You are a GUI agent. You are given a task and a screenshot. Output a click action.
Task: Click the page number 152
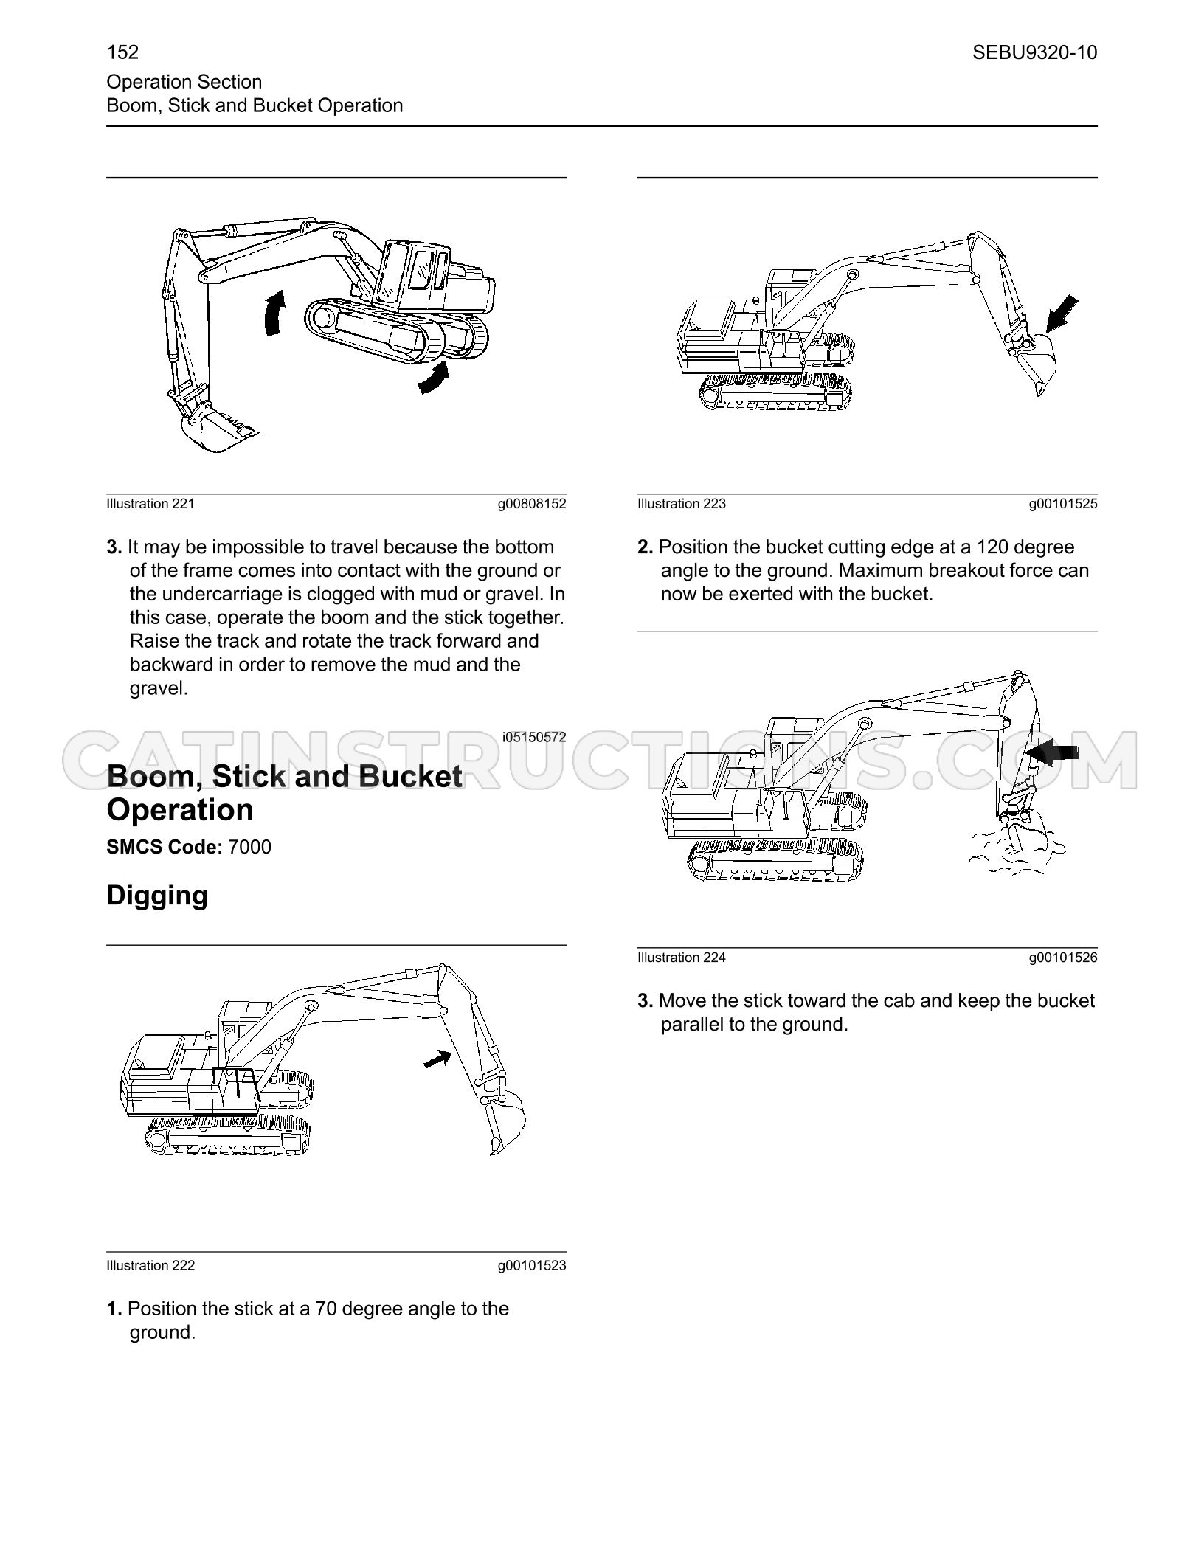pos(122,52)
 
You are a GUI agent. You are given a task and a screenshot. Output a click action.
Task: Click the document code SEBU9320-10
pos(1034,52)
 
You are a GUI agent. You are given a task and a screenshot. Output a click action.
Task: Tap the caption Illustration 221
pos(150,504)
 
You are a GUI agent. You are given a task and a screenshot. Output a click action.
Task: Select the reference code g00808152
pos(532,505)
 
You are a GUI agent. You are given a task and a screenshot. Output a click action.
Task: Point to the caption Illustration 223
pos(682,504)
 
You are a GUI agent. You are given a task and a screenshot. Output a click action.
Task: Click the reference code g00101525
pos(1063,505)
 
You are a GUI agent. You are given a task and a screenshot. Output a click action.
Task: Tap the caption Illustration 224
pos(682,958)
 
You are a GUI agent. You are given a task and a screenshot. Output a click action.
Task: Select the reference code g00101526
pos(1063,958)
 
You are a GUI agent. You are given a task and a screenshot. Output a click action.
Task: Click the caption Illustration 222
pos(150,1266)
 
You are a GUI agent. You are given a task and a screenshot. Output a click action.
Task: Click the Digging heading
pos(157,896)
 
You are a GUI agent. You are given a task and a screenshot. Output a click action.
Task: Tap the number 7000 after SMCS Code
pos(250,847)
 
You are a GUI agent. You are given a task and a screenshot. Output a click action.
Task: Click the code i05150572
pos(534,737)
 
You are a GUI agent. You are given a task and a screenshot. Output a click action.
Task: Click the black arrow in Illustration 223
pos(1062,314)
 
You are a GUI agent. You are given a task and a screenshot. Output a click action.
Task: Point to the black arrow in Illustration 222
pos(437,1059)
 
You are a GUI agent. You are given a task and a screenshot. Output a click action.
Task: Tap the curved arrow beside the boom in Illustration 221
pos(273,314)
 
